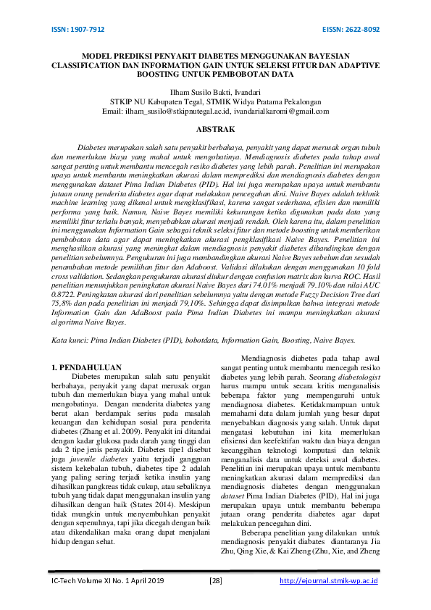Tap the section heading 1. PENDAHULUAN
pyautogui.click(x=86, y=369)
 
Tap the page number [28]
pyautogui.click(x=215, y=581)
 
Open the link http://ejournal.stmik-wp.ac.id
pyautogui.click(x=329, y=581)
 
